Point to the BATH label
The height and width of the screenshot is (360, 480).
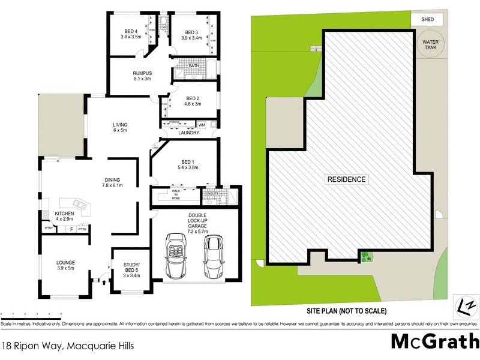pos(193,67)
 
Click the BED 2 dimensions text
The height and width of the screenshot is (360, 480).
pos(193,104)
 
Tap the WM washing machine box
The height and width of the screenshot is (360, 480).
pos(201,124)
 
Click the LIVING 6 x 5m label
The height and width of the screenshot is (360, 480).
pos(120,128)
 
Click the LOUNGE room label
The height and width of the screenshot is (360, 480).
pos(65,265)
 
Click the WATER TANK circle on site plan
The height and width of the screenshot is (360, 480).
pos(430,45)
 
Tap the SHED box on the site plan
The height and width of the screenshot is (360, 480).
pos(428,20)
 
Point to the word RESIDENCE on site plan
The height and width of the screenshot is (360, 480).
pos(346,179)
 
